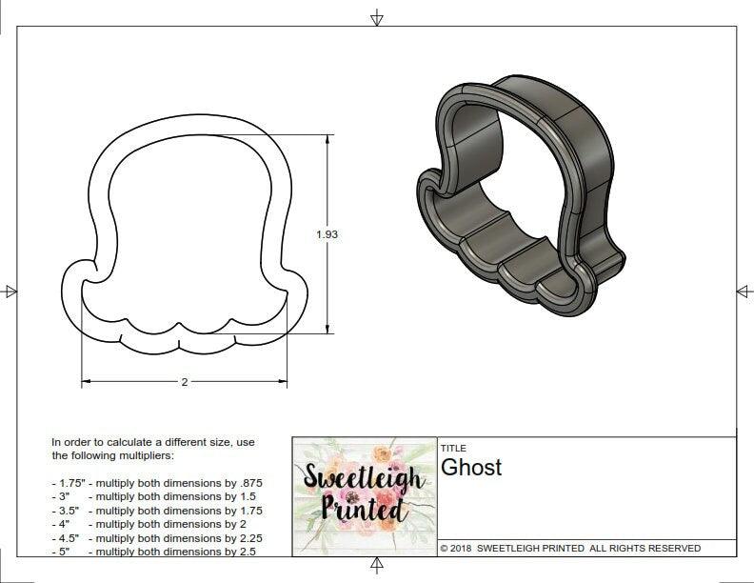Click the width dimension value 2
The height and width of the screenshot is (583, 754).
click(x=184, y=382)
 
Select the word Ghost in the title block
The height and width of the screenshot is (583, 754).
click(x=470, y=468)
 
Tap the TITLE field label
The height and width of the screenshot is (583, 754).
click(x=453, y=448)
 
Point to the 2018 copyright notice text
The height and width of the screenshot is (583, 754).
click(x=570, y=549)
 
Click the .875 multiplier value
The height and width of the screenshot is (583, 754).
click(x=249, y=483)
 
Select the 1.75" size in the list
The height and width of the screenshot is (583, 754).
click(x=65, y=483)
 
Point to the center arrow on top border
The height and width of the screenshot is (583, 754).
click(x=377, y=17)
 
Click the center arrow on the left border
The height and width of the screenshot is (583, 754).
click(x=10, y=291)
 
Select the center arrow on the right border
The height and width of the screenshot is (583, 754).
click(x=744, y=291)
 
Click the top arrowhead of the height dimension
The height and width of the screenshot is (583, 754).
click(x=329, y=138)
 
